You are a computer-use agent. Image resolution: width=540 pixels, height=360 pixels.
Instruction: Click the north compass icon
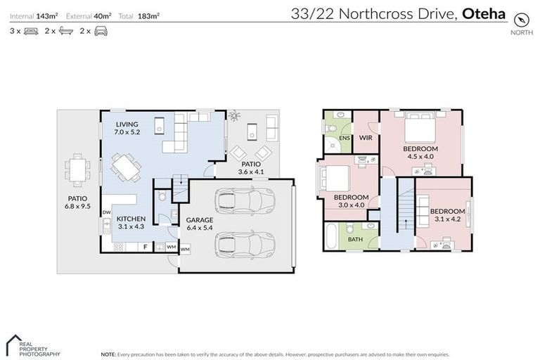[520, 19]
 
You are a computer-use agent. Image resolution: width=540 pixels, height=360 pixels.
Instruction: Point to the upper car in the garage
[240, 201]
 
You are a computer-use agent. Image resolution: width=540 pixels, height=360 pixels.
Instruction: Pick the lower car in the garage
[240, 245]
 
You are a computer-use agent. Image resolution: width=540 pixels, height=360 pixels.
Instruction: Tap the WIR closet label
[366, 138]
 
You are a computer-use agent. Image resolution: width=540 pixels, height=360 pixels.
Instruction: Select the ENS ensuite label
[344, 139]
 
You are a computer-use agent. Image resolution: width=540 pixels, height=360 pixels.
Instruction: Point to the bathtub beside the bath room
[330, 235]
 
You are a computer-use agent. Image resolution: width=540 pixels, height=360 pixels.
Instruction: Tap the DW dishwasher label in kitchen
[106, 212]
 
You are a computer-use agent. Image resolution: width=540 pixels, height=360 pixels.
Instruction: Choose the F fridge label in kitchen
[145, 247]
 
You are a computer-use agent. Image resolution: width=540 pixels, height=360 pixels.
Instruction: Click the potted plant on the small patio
[233, 115]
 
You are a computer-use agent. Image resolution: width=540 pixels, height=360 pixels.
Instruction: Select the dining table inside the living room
[125, 167]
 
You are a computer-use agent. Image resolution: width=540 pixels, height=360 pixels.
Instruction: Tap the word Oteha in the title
[484, 13]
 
